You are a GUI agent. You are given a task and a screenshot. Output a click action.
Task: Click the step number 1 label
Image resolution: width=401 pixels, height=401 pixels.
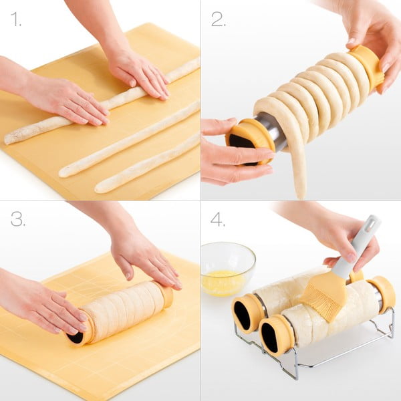click(x=15, y=19)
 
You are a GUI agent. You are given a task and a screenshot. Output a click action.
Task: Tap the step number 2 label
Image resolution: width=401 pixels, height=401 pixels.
click(x=218, y=19)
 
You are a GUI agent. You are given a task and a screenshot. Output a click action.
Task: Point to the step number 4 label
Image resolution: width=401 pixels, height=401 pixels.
click(x=218, y=219)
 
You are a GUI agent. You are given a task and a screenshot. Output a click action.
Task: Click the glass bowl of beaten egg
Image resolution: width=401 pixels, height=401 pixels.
click(x=227, y=267)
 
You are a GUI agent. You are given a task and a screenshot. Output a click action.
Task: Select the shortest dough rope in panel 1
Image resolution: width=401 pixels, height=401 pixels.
click(x=147, y=164)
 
